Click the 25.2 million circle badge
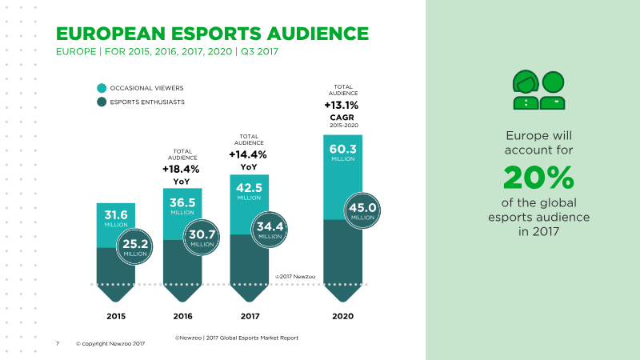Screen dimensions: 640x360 134,246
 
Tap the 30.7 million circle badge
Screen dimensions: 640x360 202,238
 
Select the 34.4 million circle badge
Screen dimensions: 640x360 269,230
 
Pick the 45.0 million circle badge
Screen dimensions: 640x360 362,210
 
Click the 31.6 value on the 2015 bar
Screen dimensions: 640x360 116,214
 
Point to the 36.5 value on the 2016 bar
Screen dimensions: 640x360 182,202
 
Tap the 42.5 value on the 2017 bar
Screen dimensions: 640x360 249,188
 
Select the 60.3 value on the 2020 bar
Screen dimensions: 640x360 343,149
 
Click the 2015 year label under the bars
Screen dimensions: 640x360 116,316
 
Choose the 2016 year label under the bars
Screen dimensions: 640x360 183,316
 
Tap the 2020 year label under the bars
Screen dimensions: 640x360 343,316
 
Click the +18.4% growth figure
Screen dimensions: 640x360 181,169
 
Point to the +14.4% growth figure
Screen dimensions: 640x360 248,154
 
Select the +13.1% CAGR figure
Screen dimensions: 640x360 342,106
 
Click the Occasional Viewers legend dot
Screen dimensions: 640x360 102,88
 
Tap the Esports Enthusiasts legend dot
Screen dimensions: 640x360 102,102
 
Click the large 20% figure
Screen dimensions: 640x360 538,178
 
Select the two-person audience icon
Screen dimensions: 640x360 538,90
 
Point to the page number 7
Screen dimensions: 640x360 58,344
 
